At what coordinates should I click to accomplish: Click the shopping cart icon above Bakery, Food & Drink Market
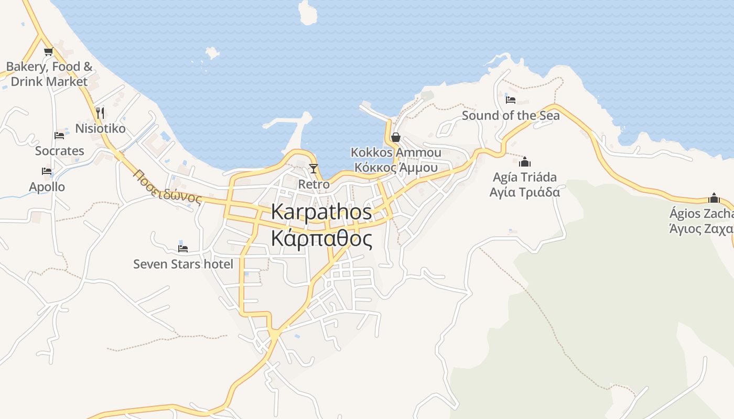point(48,51)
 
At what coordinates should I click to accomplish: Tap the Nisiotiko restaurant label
point(101,128)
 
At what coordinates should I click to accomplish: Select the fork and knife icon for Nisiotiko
point(100,113)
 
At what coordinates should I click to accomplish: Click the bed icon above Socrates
point(59,136)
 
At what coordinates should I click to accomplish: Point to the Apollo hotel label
point(47,187)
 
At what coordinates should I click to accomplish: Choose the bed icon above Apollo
point(47,171)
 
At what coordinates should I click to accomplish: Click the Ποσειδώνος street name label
point(167,186)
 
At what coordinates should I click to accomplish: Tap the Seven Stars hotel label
point(183,264)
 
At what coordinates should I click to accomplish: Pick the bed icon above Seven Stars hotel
point(182,248)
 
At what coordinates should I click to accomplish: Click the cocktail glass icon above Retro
point(314,168)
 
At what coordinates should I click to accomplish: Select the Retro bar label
point(314,184)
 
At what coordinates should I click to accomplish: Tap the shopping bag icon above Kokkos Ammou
point(396,137)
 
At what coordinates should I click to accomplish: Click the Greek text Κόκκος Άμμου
point(396,168)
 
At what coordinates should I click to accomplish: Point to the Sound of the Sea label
point(511,116)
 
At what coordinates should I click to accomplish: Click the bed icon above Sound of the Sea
point(511,100)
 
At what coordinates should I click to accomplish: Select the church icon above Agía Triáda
point(525,162)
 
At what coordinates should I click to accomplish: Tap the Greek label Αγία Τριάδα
point(525,192)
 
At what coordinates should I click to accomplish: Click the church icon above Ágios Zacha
point(714,198)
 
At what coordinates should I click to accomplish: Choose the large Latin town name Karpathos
point(321,212)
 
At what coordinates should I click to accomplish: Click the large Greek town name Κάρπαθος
point(321,239)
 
